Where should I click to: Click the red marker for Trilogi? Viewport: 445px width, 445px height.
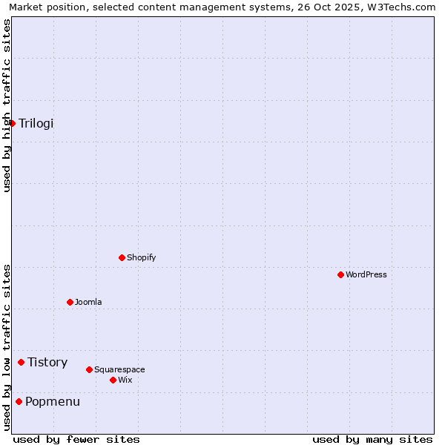pyautogui.click(x=13, y=123)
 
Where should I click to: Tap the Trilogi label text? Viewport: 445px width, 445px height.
pyautogui.click(x=36, y=123)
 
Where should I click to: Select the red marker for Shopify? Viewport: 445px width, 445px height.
pyautogui.click(x=122, y=258)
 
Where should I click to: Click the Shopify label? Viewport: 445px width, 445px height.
pyautogui.click(x=141, y=258)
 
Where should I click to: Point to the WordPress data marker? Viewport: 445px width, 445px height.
pyautogui.click(x=341, y=275)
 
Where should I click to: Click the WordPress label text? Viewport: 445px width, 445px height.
pyautogui.click(x=366, y=275)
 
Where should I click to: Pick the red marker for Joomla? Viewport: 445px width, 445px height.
pyautogui.click(x=70, y=303)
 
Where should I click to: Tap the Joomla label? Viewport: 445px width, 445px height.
pyautogui.click(x=88, y=303)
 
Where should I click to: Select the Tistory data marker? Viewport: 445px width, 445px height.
pyautogui.click(x=22, y=363)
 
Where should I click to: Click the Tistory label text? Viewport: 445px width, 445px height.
pyautogui.click(x=47, y=363)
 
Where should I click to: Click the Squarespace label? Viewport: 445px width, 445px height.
pyautogui.click(x=119, y=370)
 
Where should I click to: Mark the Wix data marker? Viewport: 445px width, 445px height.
pyautogui.click(x=113, y=380)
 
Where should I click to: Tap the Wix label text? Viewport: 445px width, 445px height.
pyautogui.click(x=125, y=380)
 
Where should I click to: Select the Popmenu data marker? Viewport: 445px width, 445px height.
pyautogui.click(x=19, y=402)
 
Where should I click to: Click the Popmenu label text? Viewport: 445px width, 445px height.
pyautogui.click(x=53, y=402)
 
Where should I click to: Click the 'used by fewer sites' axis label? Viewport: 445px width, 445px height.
pyautogui.click(x=76, y=440)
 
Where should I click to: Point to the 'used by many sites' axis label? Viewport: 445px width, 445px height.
pyautogui.click(x=372, y=440)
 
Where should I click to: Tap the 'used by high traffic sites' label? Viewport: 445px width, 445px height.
pyautogui.click(x=7, y=105)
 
